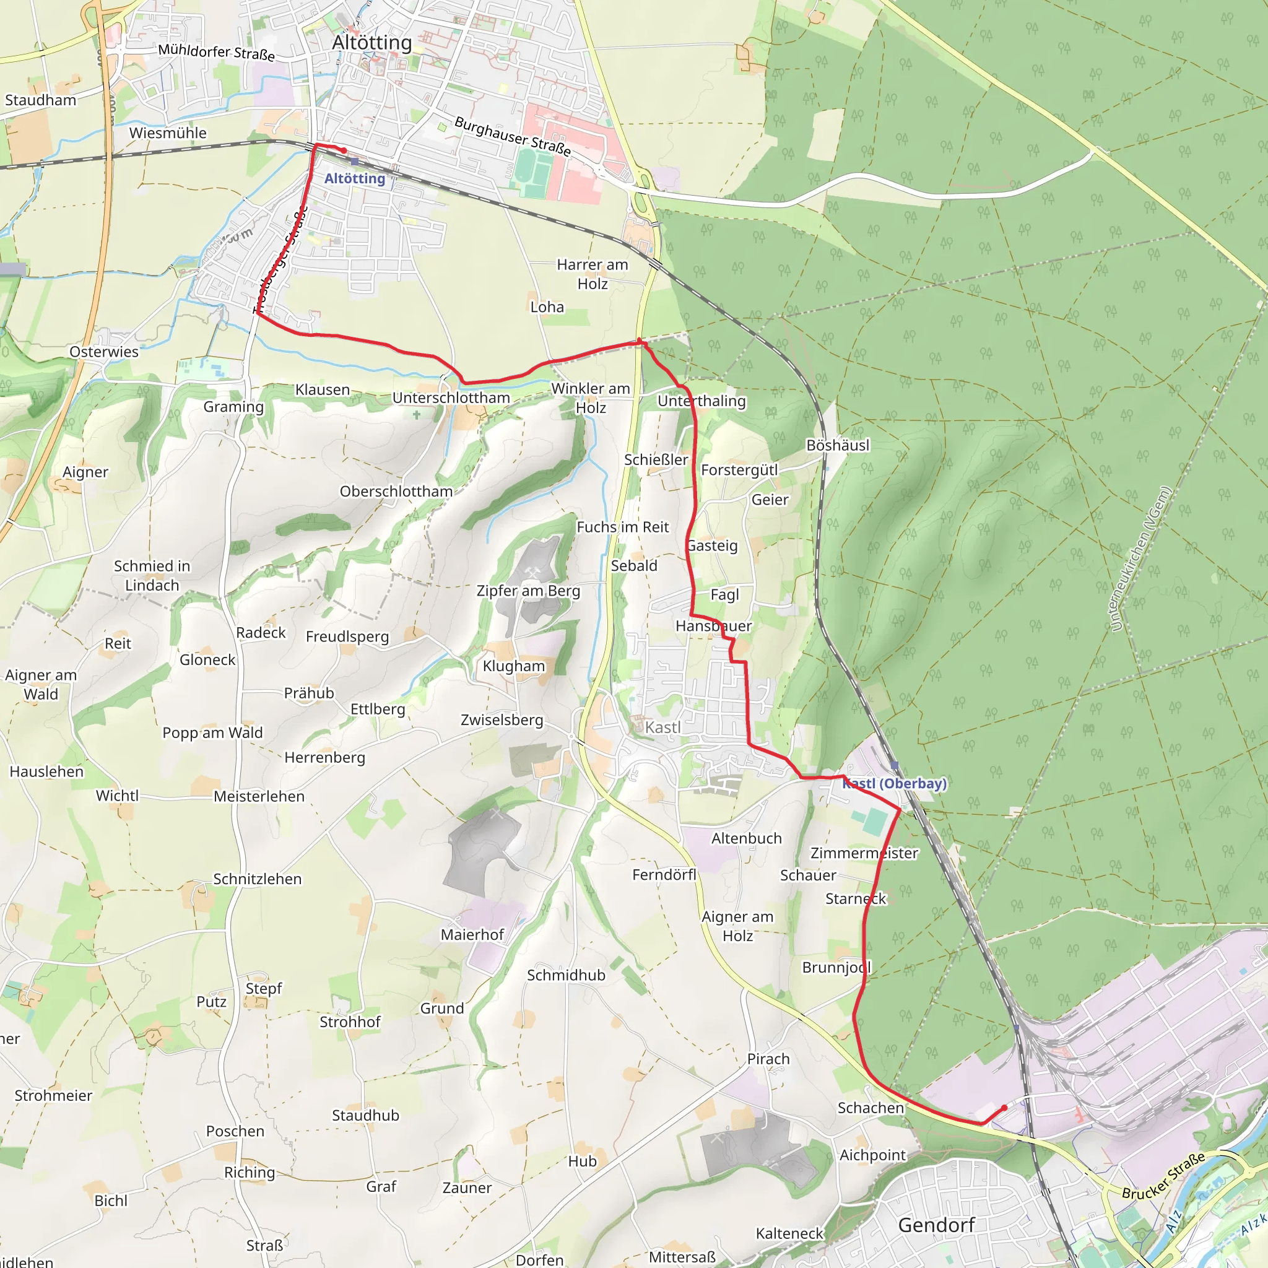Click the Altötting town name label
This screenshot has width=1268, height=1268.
371,42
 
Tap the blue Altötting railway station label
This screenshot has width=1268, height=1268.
354,178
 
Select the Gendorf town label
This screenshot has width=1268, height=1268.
936,1225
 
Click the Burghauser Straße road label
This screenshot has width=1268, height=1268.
512,136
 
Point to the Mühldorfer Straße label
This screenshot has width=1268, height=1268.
216,52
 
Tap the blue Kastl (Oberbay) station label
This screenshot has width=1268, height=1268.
895,783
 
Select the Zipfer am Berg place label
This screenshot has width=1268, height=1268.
528,591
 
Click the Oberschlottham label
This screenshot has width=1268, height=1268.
396,492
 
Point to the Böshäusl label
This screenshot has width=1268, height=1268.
838,445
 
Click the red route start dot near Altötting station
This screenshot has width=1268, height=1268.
344,150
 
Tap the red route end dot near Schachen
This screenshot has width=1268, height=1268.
1004,1108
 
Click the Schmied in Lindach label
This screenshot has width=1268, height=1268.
152,575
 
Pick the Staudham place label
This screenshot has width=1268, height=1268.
41,100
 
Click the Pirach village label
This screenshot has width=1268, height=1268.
768,1059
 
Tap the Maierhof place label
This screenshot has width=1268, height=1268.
472,934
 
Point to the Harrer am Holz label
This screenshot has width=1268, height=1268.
592,274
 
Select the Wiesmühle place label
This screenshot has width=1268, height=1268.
167,132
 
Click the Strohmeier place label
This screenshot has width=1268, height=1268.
53,1095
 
